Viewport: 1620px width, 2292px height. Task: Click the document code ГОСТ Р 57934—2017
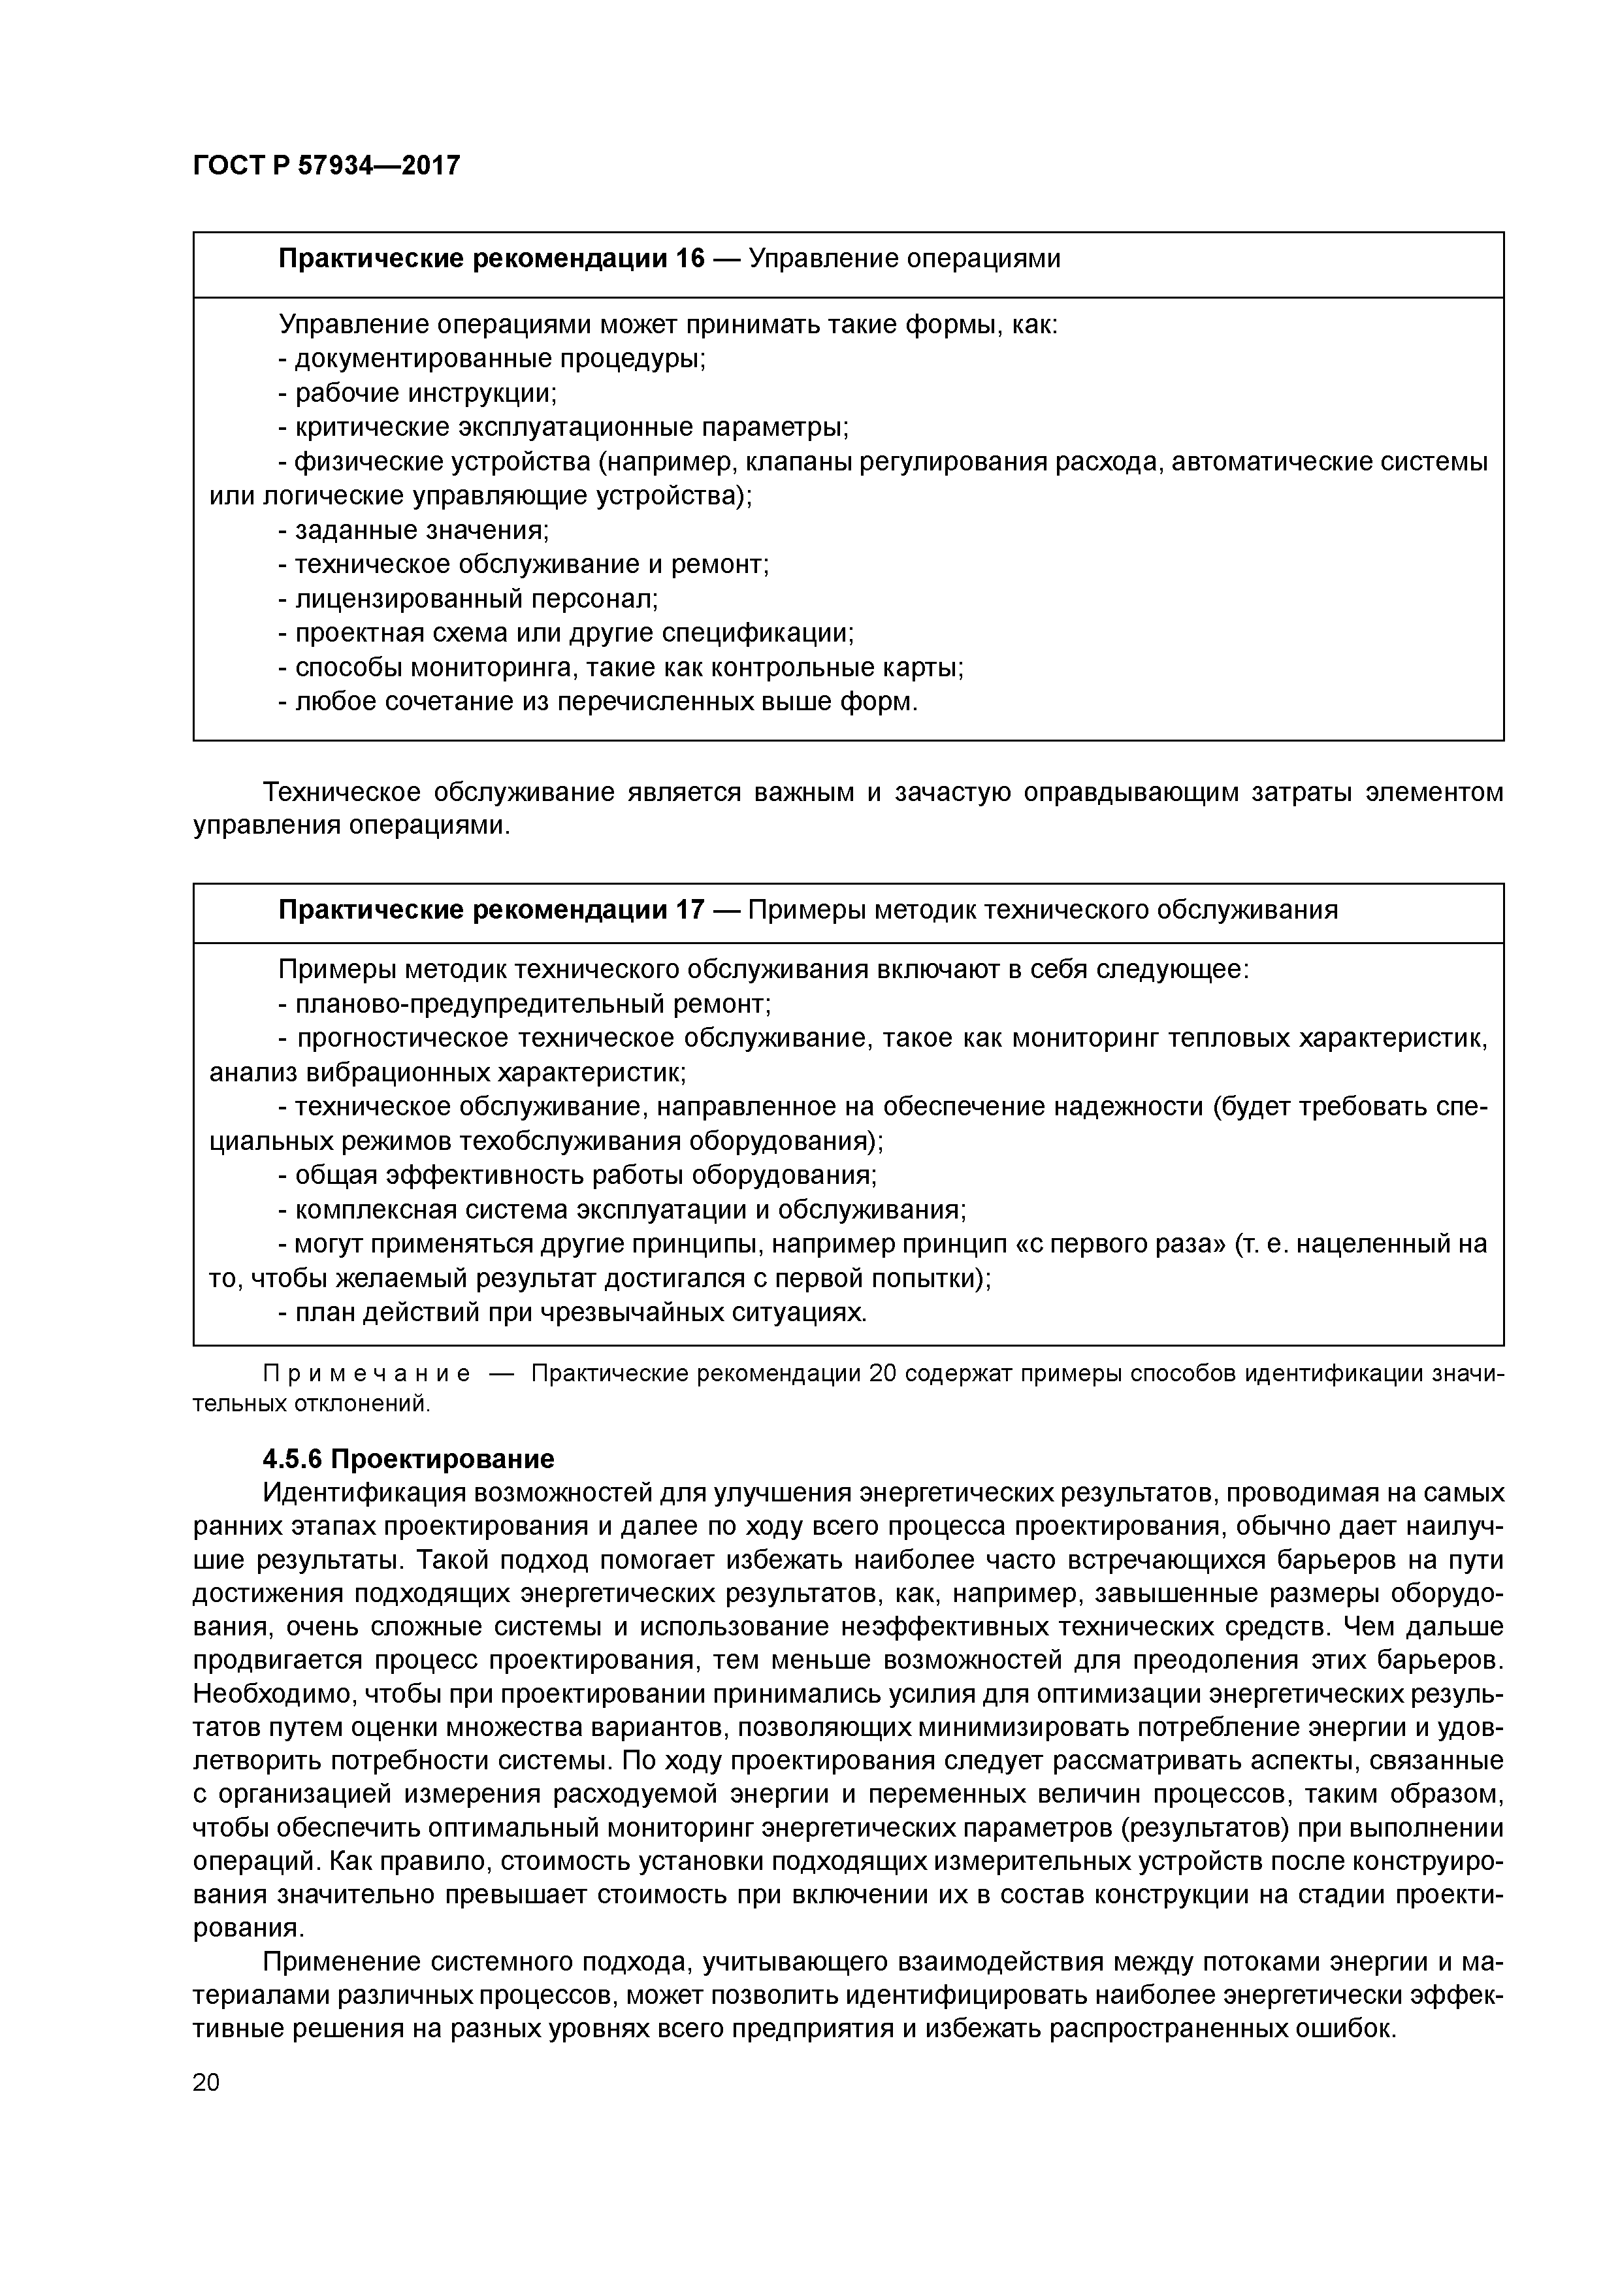click(327, 165)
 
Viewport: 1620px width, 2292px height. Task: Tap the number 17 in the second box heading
click(690, 909)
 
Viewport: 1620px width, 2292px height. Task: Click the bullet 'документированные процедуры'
click(492, 359)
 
